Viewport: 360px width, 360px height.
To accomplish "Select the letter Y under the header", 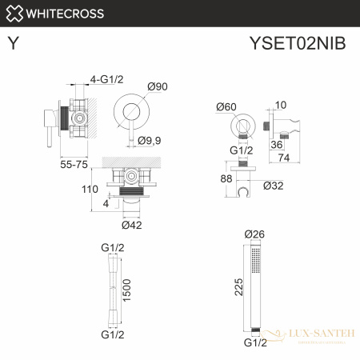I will (14, 44).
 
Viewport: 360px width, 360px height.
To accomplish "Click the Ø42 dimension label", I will (134, 225).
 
